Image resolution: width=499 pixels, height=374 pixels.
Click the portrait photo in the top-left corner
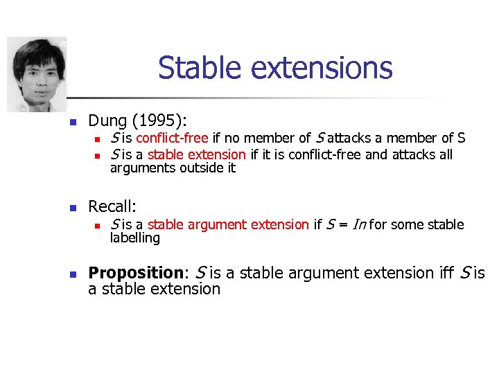tap(37, 74)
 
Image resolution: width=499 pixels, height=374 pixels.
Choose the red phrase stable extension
tap(196, 154)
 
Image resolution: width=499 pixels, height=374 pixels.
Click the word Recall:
tap(112, 206)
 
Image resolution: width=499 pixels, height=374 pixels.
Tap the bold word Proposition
tap(135, 273)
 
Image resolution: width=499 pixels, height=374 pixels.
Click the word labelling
tap(135, 238)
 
